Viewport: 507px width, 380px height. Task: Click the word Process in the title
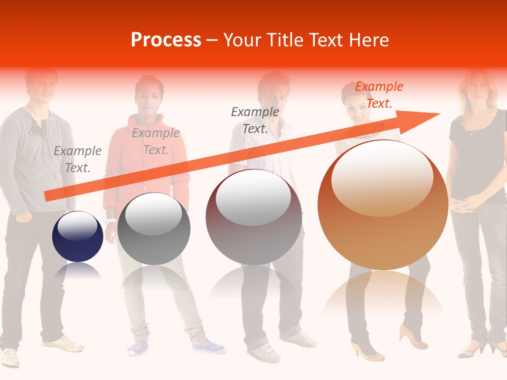click(x=166, y=40)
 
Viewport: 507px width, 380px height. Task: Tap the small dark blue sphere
click(x=78, y=237)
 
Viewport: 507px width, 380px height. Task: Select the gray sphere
click(x=154, y=230)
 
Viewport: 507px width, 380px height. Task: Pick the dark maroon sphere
click(x=253, y=217)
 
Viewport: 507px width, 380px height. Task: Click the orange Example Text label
click(x=379, y=95)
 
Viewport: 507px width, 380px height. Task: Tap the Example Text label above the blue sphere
click(x=78, y=159)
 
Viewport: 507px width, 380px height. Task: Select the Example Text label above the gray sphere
click(x=156, y=141)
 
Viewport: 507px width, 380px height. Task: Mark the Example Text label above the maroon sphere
click(x=255, y=120)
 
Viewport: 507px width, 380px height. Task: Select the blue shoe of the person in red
click(x=209, y=347)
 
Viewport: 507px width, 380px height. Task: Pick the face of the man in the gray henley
click(x=41, y=84)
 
